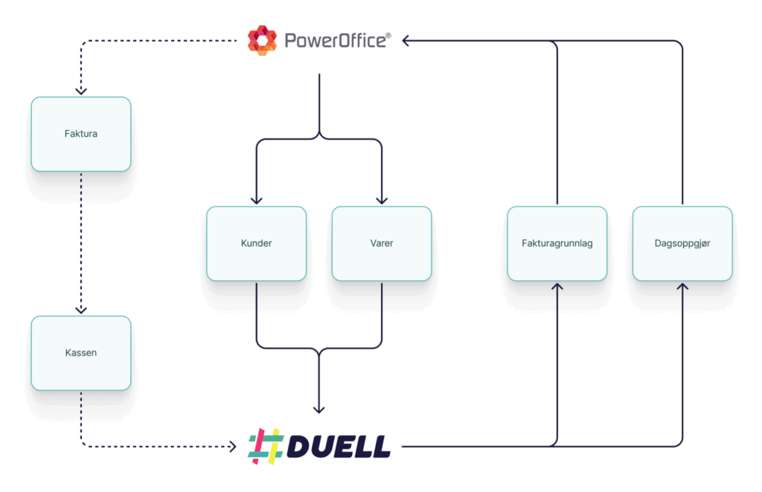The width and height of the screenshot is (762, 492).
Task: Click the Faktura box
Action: click(81, 134)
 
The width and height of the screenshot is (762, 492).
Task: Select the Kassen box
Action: click(81, 353)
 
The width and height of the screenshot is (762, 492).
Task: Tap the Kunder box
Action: click(257, 244)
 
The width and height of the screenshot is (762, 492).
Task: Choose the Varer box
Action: click(382, 244)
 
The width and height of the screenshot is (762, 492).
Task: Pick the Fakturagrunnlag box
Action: click(557, 244)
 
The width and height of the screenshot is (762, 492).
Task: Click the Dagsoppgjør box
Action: click(683, 244)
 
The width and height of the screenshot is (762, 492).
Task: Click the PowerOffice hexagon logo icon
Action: click(263, 41)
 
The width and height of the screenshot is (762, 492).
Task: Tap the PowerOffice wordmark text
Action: click(336, 41)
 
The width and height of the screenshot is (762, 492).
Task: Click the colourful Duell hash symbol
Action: click(266, 447)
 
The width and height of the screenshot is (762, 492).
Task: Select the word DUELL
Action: click(339, 447)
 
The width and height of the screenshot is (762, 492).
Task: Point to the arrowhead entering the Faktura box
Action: click(81, 91)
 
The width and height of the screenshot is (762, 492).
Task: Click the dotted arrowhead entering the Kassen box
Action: click(81, 311)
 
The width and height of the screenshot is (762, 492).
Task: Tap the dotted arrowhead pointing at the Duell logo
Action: click(233, 447)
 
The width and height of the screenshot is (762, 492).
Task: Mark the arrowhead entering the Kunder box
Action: click(257, 201)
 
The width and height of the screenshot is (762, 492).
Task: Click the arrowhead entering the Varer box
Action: click(382, 201)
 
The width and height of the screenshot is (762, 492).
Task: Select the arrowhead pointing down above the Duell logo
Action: click(318, 410)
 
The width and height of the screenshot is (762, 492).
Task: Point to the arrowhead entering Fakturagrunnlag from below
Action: click(557, 287)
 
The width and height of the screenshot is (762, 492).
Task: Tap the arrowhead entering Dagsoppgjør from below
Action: click(683, 287)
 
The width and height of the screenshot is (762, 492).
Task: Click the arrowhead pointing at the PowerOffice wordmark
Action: click(406, 41)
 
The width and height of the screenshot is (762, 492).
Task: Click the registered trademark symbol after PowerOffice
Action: click(388, 36)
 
